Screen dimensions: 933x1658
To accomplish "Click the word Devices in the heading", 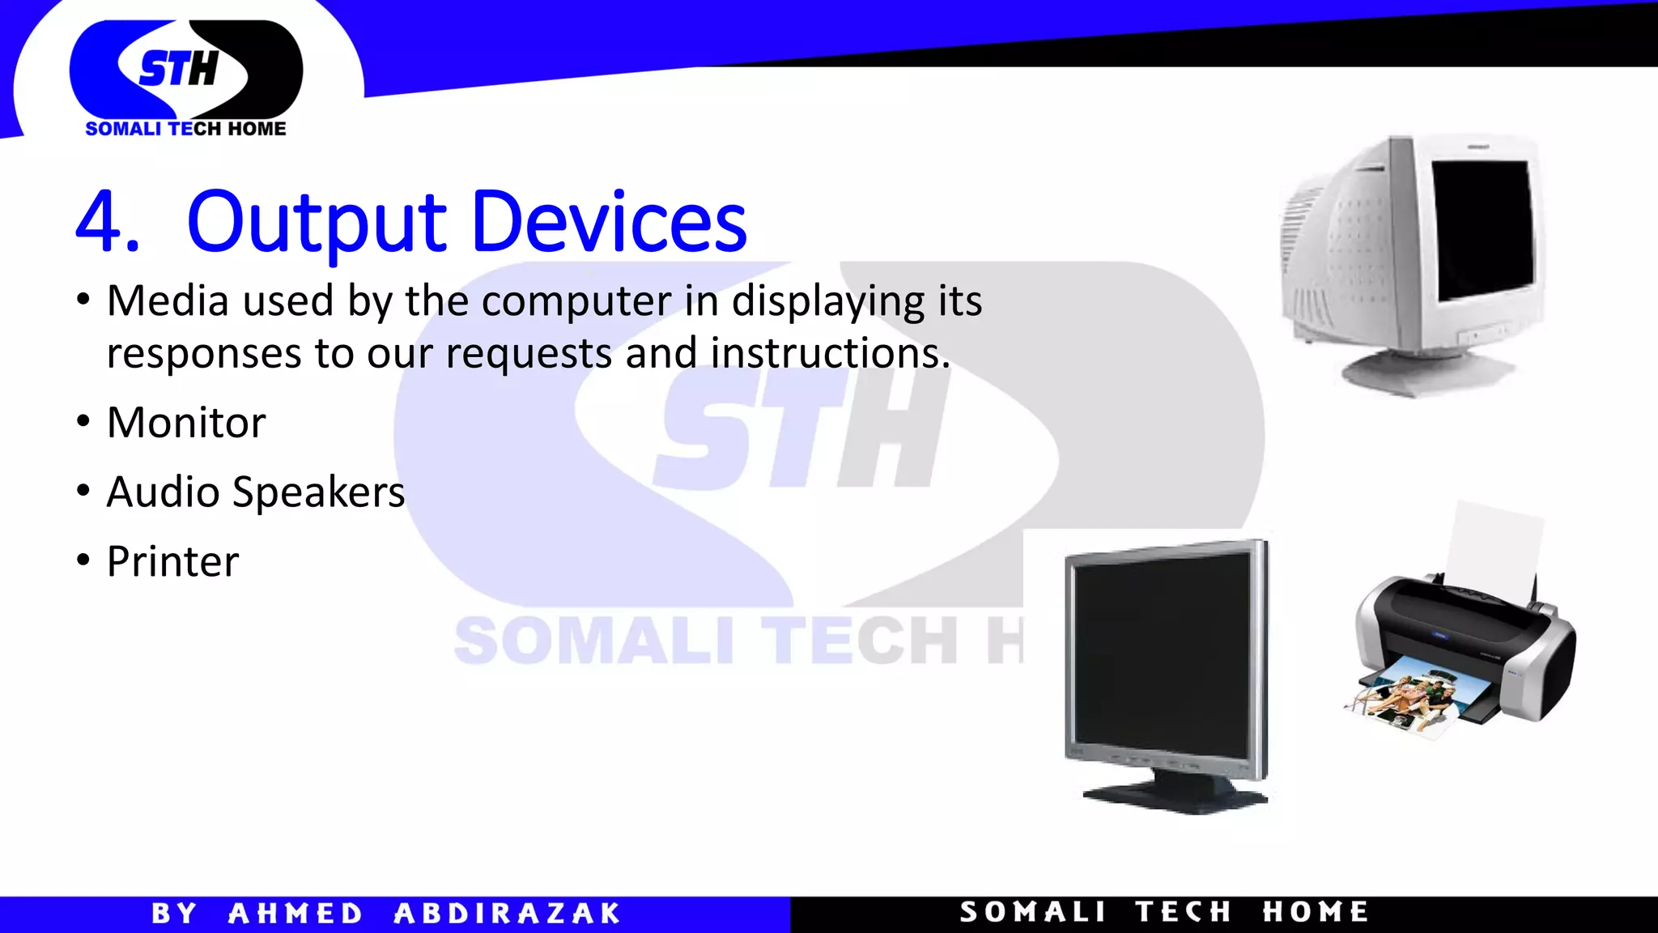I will click(x=608, y=223).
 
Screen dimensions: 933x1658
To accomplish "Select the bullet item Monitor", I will click(x=186, y=423).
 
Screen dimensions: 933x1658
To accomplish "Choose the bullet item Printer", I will click(x=172, y=562).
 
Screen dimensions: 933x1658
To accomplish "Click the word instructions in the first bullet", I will click(x=830, y=354).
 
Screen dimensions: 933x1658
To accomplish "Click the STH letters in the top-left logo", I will click(x=179, y=69).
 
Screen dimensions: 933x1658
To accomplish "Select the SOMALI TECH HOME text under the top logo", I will click(x=185, y=129).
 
